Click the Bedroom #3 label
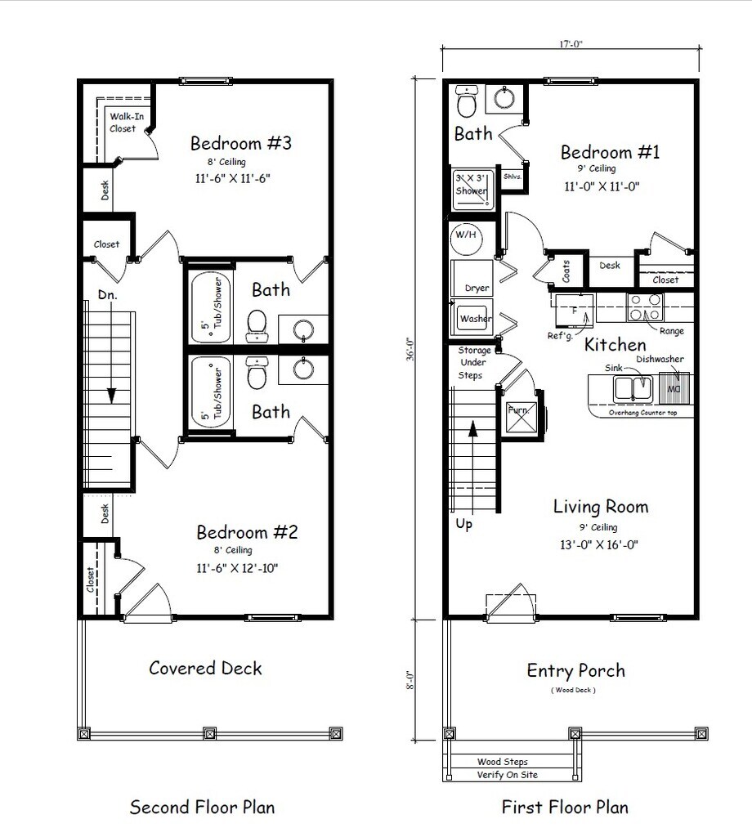[240, 143]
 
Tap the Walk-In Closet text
[127, 123]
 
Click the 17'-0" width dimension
[571, 44]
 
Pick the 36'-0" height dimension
[410, 349]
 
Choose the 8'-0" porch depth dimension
[410, 681]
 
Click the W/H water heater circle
[467, 239]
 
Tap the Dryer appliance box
[472, 278]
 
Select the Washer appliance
[473, 318]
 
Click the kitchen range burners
[645, 307]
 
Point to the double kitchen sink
[633, 388]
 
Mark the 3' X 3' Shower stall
[472, 189]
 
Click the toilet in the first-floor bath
[467, 101]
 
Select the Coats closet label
[566, 271]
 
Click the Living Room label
[601, 507]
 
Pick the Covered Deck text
[205, 668]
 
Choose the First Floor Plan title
[565, 807]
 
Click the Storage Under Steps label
[474, 363]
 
